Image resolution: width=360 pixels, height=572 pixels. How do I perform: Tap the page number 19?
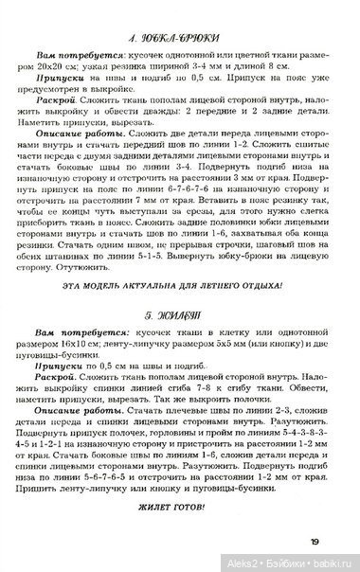click(x=339, y=541)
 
